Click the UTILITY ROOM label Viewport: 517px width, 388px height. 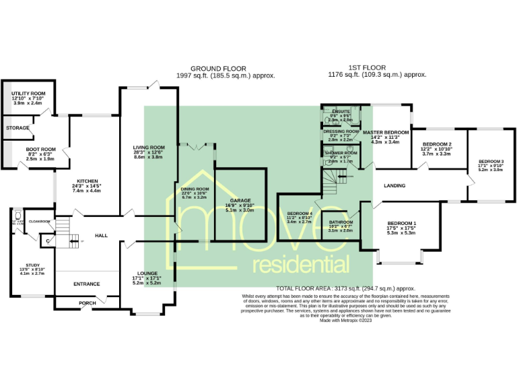(28, 94)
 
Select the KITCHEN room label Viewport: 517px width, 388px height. (88, 181)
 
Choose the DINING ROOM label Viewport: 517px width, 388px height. (195, 189)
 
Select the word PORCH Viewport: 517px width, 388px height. (87, 303)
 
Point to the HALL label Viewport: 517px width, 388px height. (101, 235)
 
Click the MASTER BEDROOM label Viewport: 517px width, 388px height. (386, 132)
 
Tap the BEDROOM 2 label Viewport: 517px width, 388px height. (437, 144)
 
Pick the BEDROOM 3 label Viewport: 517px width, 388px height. (490, 162)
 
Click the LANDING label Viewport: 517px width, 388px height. (394, 185)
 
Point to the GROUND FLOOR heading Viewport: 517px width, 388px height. (218, 69)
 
